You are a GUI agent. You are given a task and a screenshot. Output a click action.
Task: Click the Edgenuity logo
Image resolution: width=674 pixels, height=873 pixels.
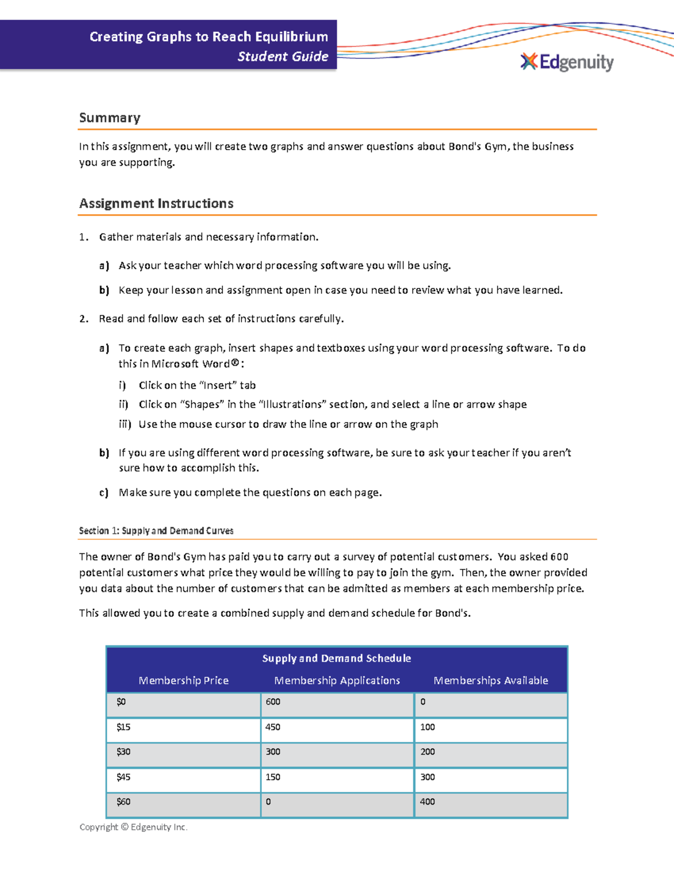click(x=567, y=62)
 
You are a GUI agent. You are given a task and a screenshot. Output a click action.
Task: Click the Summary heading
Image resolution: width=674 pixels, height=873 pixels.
click(x=110, y=117)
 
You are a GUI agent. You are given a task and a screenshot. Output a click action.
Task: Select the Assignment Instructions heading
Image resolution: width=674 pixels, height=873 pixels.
click(x=156, y=203)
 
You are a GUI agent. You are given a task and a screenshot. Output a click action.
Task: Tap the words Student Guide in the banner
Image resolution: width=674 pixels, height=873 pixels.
click(x=283, y=56)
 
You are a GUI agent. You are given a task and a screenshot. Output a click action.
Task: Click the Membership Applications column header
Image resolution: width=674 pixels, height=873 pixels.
click(x=337, y=680)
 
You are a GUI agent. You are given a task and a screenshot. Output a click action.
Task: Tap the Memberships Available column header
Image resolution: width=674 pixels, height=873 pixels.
click(x=490, y=680)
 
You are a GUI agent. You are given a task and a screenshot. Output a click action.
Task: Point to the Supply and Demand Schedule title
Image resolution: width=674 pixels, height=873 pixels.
click(x=336, y=658)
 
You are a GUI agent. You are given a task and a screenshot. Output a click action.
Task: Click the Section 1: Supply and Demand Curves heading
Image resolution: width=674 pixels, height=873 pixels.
click(x=156, y=531)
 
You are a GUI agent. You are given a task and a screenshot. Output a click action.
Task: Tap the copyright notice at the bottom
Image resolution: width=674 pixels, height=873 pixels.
click(x=134, y=827)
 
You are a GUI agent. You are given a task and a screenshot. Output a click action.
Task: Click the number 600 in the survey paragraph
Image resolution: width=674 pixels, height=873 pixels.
click(x=559, y=557)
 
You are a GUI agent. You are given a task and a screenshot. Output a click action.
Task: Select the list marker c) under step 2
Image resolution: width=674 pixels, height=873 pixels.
click(x=104, y=492)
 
